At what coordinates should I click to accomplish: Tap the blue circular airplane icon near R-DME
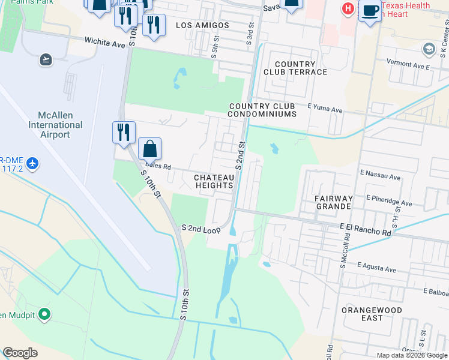pos(32,163)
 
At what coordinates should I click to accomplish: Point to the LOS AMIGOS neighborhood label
pos(202,25)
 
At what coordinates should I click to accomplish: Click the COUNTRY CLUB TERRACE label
pos(295,68)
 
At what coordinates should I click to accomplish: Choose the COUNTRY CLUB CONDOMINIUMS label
pos(263,110)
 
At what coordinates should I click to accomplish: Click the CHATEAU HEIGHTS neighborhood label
pos(214,181)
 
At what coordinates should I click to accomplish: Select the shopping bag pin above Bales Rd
pos(149,148)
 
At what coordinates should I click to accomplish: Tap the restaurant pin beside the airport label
pos(124,132)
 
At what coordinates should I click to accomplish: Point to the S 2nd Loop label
pos(201,228)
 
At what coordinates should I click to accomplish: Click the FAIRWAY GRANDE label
pos(333,202)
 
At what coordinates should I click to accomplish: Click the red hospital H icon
pos(347,8)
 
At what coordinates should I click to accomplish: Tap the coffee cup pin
pos(370,10)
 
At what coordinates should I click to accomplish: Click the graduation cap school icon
pos(429,49)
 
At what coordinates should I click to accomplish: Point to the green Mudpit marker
pos(44,314)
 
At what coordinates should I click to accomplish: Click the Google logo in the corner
pos(20,353)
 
